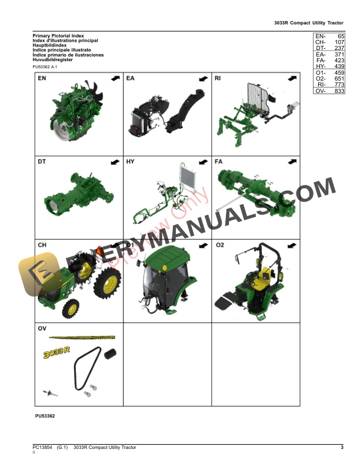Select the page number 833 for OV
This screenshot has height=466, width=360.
(339, 91)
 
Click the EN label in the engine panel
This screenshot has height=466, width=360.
(42, 78)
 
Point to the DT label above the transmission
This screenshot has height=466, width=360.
(42, 161)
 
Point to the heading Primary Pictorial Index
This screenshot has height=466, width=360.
(58, 36)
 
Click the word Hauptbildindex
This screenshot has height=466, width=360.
(49, 45)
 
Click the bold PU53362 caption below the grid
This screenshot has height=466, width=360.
(45, 417)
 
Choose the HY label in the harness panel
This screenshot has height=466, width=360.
(131, 161)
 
